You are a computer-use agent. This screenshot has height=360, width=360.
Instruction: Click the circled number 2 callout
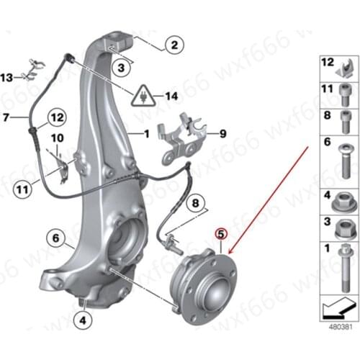coord(174,45)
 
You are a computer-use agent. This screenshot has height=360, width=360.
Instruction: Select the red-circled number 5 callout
coord(221,234)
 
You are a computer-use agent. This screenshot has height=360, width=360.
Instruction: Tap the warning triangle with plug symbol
coord(144,96)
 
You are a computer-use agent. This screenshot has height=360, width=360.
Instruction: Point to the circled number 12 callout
coord(57,117)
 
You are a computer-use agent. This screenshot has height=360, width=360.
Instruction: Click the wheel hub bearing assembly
coord(204,286)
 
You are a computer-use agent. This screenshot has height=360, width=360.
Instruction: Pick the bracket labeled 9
coord(181,138)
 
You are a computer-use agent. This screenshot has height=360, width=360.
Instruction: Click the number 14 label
coord(171,96)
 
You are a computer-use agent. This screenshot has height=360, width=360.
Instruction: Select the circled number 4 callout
coord(83,320)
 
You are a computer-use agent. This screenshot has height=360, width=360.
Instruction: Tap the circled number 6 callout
coord(55,238)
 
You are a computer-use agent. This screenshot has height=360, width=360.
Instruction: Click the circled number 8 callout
coord(196,203)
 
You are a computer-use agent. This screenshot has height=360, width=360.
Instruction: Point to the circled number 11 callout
coord(22,190)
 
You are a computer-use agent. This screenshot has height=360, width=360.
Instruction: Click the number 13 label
coord(6,78)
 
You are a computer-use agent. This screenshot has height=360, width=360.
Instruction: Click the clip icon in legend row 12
coord(345,69)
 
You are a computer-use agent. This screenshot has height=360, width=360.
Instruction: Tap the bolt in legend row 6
coord(345,161)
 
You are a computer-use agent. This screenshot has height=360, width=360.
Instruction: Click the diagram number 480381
coord(341,327)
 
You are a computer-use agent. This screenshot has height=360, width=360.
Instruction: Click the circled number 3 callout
coord(121,68)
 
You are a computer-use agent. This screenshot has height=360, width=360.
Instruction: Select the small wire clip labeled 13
coord(34,70)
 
